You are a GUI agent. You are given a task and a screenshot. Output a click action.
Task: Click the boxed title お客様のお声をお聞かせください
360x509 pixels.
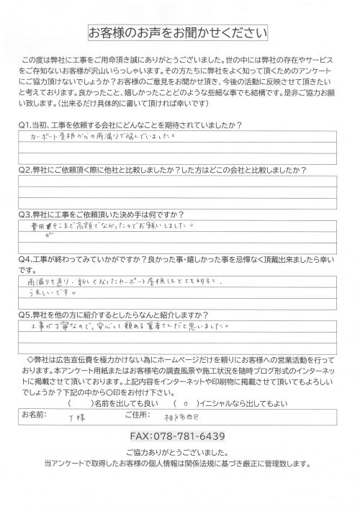(x=178, y=33)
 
